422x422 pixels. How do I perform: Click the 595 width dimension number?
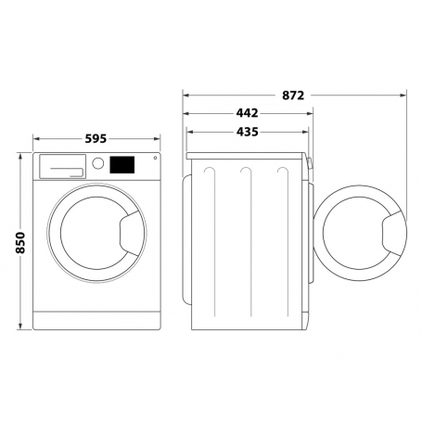[96, 139]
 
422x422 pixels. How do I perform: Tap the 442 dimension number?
[247, 113]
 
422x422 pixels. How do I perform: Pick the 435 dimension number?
[247, 133]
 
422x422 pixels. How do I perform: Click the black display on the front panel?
[121, 165]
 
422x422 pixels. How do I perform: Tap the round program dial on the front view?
[97, 164]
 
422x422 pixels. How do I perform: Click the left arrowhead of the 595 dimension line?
[35, 139]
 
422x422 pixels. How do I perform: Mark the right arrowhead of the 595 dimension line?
[159, 139]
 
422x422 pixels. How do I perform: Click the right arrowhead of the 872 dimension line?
[404, 95]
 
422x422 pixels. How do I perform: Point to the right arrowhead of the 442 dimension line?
[310, 113]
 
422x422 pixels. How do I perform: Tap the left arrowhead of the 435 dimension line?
[189, 133]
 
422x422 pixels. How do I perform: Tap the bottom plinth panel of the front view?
[96, 323]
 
